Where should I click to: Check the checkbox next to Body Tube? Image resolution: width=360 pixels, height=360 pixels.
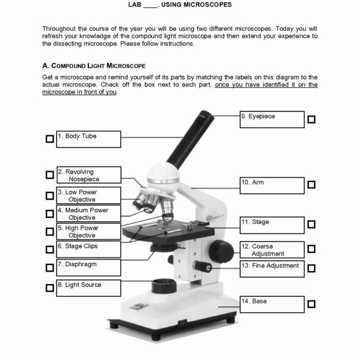(49, 139)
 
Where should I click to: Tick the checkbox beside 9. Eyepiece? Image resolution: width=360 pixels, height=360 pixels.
(311, 119)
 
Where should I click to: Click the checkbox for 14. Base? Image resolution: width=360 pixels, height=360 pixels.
(311, 304)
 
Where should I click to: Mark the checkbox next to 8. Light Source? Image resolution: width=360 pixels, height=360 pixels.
(49, 288)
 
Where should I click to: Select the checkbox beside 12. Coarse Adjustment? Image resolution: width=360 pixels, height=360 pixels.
(311, 249)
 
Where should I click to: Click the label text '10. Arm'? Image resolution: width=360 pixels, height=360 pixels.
(253, 182)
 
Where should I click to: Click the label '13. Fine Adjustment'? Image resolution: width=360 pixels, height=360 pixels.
(270, 266)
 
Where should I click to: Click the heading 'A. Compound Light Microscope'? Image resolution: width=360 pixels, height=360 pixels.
(94, 66)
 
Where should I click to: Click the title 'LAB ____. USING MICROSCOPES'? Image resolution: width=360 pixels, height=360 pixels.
(180, 5)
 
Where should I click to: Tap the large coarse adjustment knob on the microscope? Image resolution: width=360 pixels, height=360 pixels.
(220, 251)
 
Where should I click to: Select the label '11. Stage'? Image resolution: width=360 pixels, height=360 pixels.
(256, 223)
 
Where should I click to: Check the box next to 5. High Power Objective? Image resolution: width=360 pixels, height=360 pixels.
(49, 231)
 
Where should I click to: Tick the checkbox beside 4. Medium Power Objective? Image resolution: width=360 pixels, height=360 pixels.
(49, 214)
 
